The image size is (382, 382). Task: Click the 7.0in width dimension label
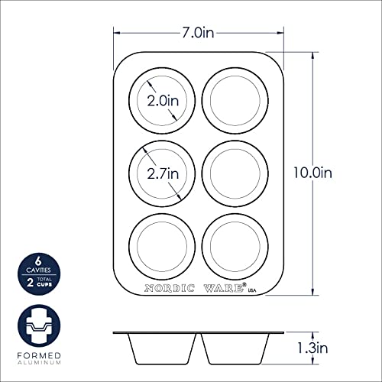[x=198, y=33]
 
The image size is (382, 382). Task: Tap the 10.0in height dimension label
[x=313, y=173]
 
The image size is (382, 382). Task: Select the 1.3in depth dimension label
[x=313, y=348]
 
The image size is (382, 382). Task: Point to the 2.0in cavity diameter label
[x=163, y=101]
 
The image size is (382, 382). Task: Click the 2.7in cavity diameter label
[x=163, y=173]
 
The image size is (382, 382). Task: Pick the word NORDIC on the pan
[x=170, y=288]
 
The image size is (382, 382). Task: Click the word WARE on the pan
[x=223, y=288]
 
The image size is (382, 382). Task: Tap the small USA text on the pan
[x=252, y=290]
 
